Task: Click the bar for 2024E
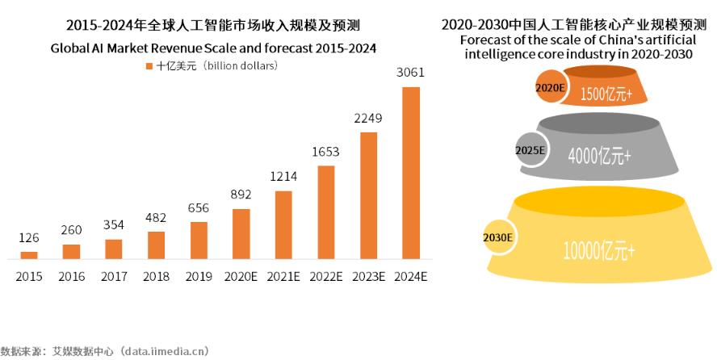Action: (x=411, y=173)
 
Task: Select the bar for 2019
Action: (x=199, y=241)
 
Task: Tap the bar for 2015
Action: (x=29, y=255)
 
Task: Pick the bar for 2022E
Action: (x=325, y=212)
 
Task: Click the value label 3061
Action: (x=411, y=73)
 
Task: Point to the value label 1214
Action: (x=283, y=177)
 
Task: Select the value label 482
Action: (x=156, y=218)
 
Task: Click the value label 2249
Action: (x=368, y=118)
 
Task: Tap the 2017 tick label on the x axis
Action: (x=114, y=277)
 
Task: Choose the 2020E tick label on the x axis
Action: (x=241, y=277)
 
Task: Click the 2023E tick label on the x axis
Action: (x=368, y=277)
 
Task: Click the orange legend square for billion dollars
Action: (x=149, y=65)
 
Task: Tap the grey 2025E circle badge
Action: (x=530, y=149)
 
